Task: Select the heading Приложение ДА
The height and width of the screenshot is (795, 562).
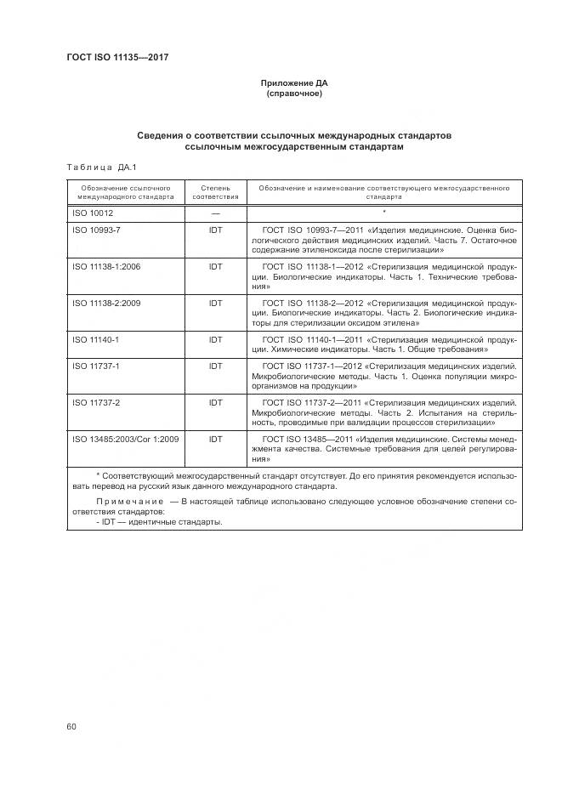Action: [293, 83]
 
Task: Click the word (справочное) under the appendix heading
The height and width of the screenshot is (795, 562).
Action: [293, 94]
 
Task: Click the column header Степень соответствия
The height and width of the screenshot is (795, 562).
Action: [215, 190]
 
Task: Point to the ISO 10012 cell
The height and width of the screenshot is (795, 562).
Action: [93, 213]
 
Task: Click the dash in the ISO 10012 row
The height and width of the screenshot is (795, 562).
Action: [215, 213]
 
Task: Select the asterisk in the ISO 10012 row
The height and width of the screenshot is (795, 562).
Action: [384, 212]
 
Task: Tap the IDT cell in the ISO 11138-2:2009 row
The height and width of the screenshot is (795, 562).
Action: [215, 303]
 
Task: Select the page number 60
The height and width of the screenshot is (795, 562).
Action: [71, 725]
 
